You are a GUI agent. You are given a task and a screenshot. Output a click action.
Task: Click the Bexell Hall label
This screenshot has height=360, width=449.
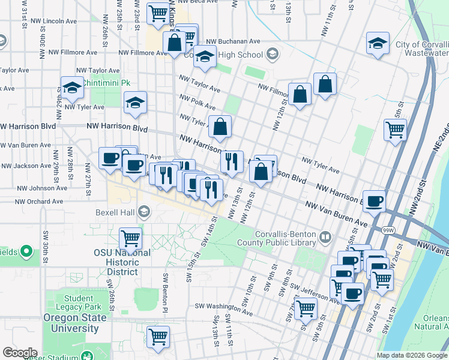click(x=115, y=212)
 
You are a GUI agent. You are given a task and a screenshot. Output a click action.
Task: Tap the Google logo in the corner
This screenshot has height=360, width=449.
click(x=20, y=353)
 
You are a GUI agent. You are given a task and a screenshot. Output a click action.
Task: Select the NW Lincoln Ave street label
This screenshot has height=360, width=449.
click(x=50, y=20)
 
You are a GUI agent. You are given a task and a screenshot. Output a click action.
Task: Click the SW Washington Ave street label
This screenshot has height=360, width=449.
click(x=223, y=307)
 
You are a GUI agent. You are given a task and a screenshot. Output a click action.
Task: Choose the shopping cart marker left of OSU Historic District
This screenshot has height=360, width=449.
click(x=130, y=238)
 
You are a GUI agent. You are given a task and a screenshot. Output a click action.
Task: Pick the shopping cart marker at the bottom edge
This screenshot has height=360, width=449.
click(x=158, y=336)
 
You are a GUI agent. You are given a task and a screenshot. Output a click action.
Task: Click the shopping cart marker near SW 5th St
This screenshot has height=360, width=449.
click(x=306, y=308)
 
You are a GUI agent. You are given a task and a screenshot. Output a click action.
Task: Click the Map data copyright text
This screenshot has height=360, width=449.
click(x=412, y=355)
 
